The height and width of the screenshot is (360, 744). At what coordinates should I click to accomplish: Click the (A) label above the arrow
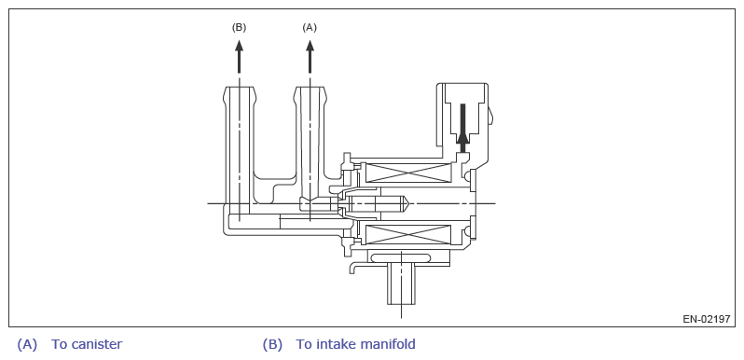tap(310, 28)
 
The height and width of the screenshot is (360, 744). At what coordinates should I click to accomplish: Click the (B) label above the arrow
tap(239, 28)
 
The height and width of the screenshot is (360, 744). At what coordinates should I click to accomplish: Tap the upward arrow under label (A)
tap(310, 57)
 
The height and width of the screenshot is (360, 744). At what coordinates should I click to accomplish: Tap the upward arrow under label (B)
tap(239, 57)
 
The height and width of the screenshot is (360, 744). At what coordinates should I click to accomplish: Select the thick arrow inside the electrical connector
tap(462, 123)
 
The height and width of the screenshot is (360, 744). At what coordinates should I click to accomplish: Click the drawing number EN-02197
tap(707, 319)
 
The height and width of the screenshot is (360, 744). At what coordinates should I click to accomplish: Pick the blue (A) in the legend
tap(27, 344)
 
